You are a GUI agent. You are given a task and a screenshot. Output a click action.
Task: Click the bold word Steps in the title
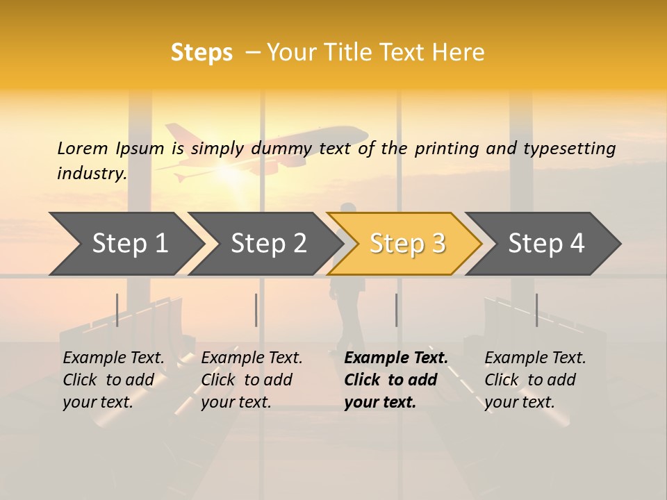coord(201,53)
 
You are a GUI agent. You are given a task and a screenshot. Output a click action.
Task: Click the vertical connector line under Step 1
coord(117,310)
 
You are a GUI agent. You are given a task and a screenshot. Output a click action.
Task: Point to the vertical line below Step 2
coord(256,310)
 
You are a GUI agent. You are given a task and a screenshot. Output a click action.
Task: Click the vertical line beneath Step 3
coord(396,310)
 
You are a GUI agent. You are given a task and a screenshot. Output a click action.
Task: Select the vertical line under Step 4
coord(536,310)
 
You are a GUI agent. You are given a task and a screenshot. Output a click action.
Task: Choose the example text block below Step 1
coord(113,380)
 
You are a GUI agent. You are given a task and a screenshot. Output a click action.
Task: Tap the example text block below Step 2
coord(252,380)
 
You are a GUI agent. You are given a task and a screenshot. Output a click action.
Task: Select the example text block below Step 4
coord(535,380)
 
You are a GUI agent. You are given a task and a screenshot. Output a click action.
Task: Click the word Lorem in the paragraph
coord(82,149)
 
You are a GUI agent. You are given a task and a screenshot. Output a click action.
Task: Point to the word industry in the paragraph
coord(92,174)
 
